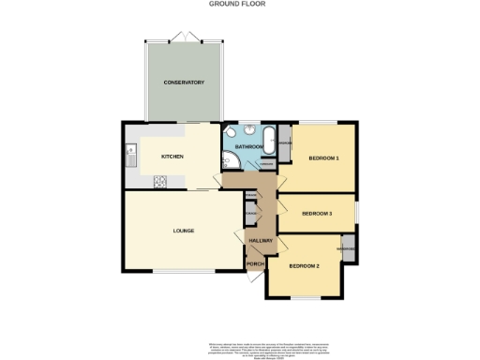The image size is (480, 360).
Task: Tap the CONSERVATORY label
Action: (x=184, y=82)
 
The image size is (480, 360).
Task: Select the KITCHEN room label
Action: (x=172, y=156)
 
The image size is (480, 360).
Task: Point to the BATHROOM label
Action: (x=248, y=147)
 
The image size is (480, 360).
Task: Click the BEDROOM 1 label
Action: (x=323, y=157)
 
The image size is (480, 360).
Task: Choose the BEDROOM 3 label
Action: (x=317, y=214)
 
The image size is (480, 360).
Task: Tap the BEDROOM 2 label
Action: (x=305, y=266)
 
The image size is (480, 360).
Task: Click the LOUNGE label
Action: (x=183, y=230)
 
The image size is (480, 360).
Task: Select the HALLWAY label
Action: (x=261, y=241)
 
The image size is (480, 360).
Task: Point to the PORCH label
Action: (x=254, y=263)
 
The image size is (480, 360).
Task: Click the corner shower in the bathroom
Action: (x=231, y=162)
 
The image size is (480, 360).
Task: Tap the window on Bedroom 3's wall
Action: (x=357, y=207)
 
